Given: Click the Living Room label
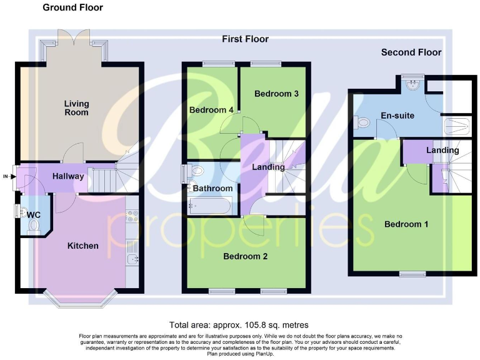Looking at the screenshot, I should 76,107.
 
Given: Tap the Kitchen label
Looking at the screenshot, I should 82,246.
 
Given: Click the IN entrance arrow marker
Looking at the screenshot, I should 7,177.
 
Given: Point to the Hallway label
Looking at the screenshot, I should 68,176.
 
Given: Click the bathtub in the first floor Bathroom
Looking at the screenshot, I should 210,205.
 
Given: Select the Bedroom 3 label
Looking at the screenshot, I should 276,94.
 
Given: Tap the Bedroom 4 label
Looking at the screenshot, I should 212,110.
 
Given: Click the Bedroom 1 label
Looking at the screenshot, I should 406,224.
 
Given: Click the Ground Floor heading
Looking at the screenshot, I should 72,7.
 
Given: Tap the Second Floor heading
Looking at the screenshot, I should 411,52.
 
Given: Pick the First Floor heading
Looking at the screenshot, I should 245,39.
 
